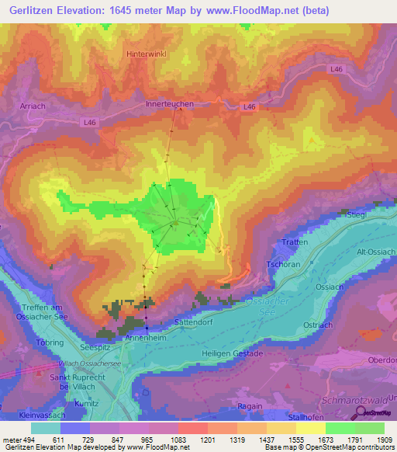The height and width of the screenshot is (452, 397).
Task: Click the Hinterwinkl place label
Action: click(147, 54)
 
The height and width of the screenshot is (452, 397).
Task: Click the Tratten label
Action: click(295, 242)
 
